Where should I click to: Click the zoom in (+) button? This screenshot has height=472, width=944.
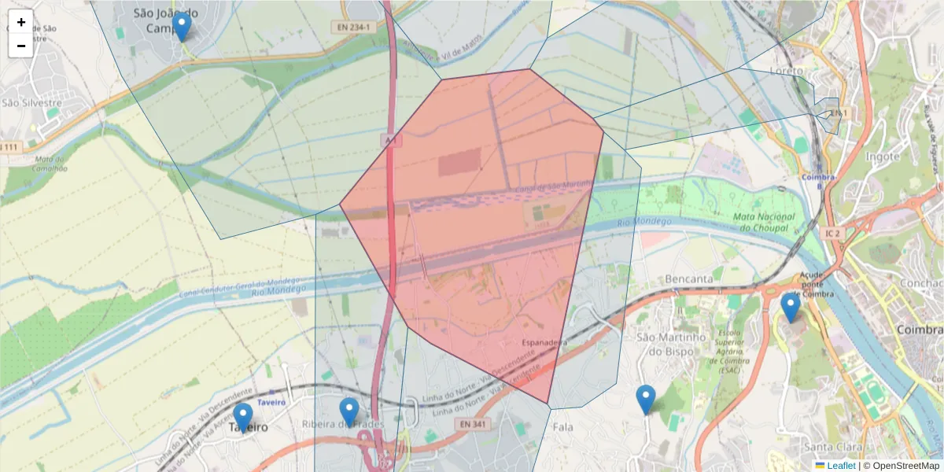21,22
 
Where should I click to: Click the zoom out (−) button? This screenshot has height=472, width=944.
21,46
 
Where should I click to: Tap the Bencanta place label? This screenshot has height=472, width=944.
688,278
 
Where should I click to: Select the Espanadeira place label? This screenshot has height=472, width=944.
544,343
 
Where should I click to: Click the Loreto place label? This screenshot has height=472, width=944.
787,71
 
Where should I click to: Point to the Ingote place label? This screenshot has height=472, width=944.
882,157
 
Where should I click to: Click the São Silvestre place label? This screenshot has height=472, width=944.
31,102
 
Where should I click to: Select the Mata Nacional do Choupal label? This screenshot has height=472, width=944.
759,222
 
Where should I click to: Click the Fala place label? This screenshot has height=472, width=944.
563,426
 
